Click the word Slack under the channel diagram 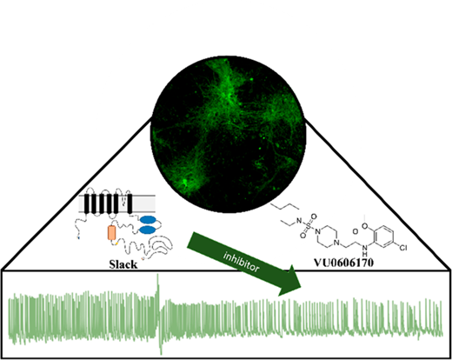click(x=123, y=264)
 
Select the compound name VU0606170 click(x=344, y=263)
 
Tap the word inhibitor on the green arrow click(x=242, y=262)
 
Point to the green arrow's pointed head click(x=301, y=287)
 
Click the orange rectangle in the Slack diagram click(x=111, y=233)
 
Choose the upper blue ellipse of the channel click(x=148, y=219)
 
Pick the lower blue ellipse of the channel click(x=148, y=230)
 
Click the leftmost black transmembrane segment click(x=87, y=204)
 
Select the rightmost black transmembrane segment click(x=130, y=204)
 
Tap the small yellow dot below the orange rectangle click(x=116, y=243)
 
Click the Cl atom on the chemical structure click(x=403, y=248)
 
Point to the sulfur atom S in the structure click(x=308, y=225)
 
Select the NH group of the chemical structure click(x=364, y=250)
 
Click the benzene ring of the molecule click(x=383, y=237)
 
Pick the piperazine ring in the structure click(x=327, y=237)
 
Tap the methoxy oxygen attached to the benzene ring click(x=364, y=226)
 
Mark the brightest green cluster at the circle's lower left click(x=184, y=182)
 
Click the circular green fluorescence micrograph click(x=228, y=134)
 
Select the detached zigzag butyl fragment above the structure click(x=285, y=206)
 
